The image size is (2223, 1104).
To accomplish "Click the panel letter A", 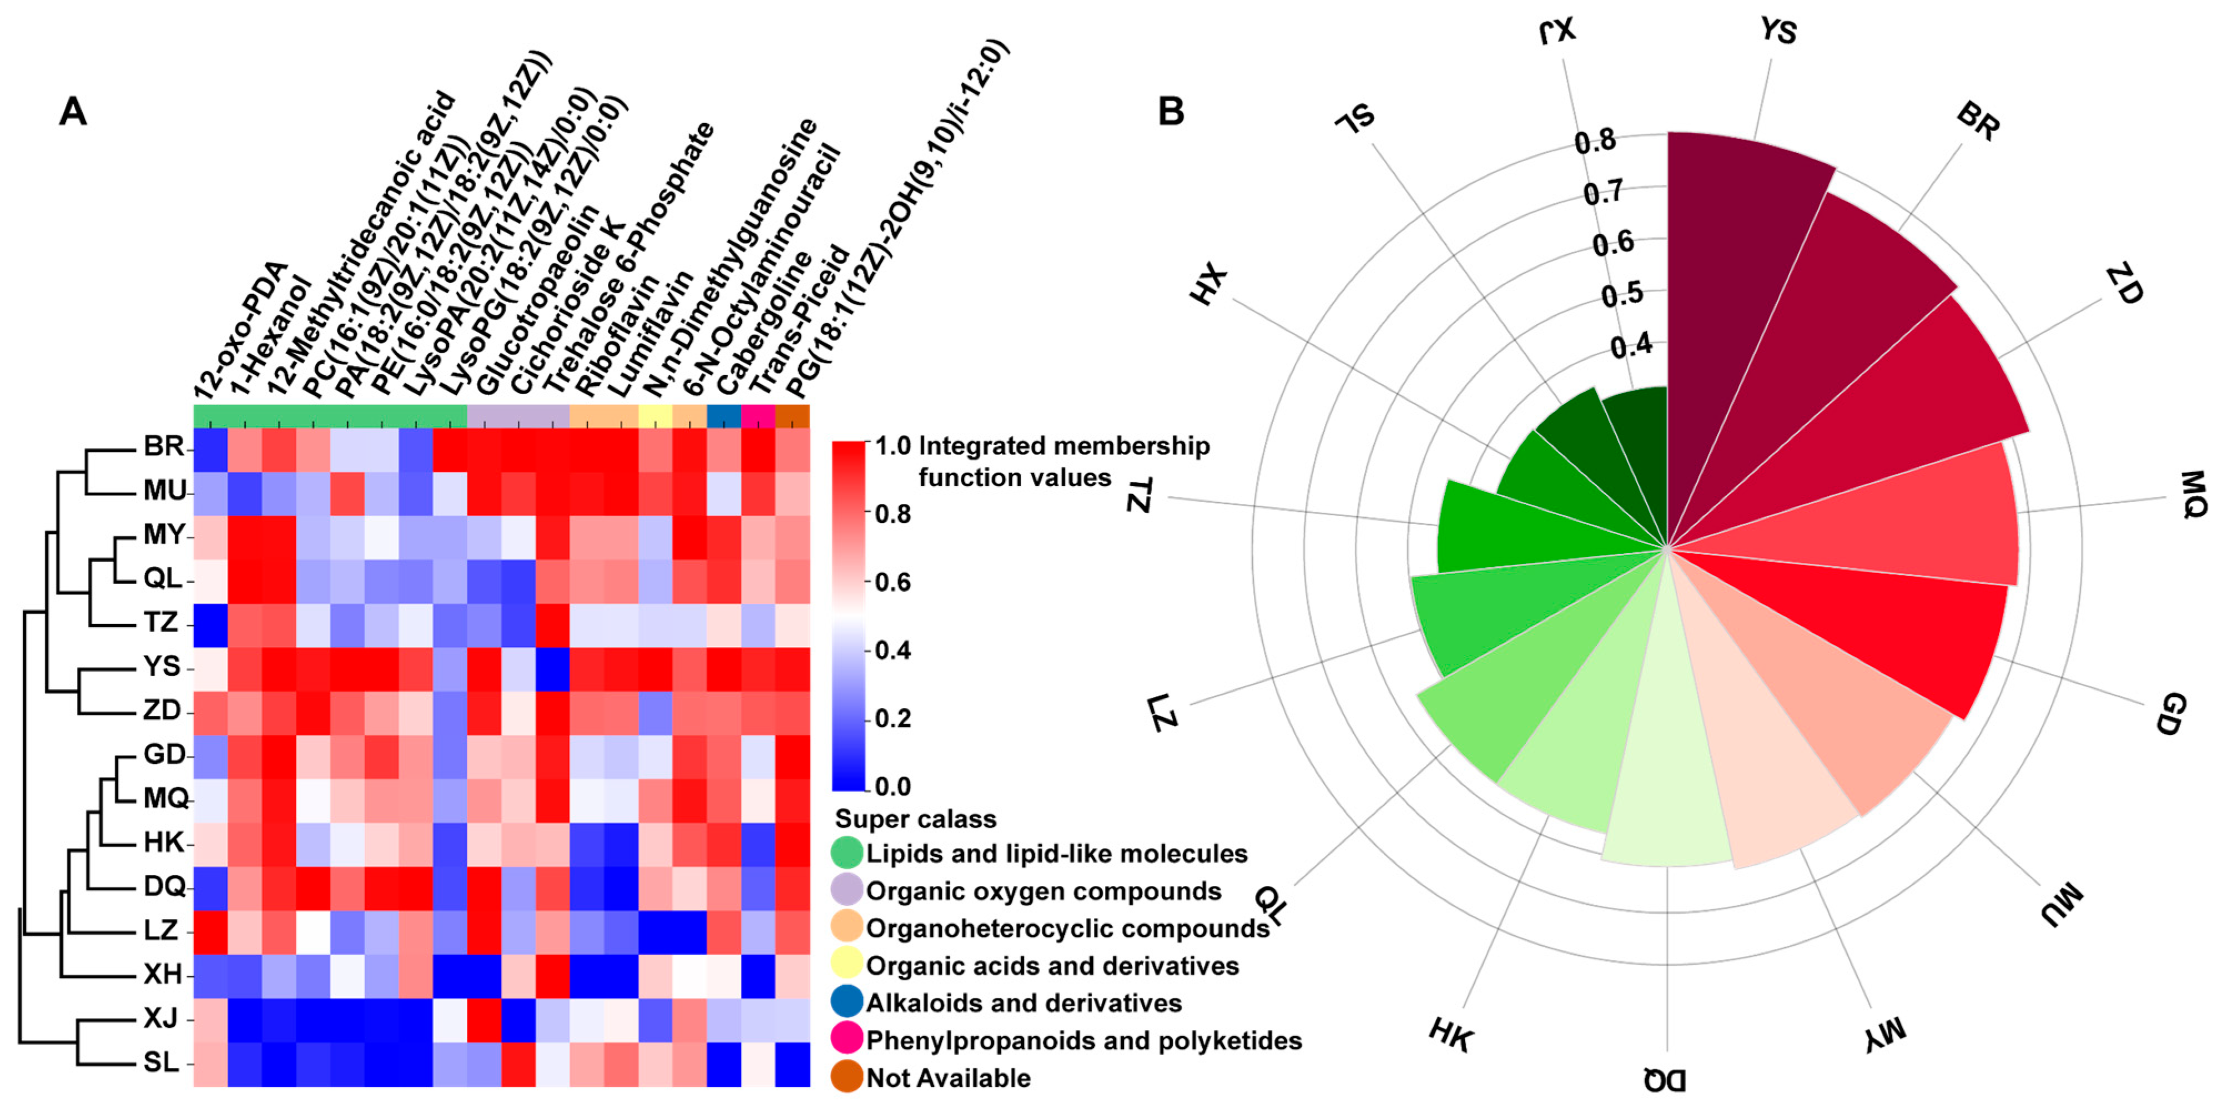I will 73,112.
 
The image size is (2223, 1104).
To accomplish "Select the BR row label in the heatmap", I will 164,446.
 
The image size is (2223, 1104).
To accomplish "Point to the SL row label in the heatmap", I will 162,1062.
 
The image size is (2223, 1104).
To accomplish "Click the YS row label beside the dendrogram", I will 162,667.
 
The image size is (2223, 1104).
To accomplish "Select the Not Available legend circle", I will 846,1077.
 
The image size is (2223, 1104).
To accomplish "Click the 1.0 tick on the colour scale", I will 893,446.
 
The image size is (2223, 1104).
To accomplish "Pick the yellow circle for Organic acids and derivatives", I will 846,965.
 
